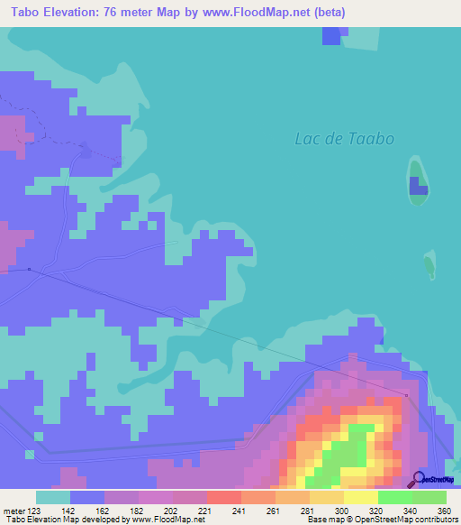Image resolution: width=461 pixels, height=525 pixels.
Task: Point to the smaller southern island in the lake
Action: (429, 265)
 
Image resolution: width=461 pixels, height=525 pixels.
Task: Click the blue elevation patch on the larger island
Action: (418, 186)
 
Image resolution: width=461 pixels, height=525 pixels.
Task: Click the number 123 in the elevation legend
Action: (34, 511)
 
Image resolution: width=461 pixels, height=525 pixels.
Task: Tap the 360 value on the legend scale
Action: (443, 511)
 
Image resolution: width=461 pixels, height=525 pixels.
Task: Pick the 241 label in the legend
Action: (239, 511)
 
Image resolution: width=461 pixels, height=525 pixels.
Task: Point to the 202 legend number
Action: (170, 511)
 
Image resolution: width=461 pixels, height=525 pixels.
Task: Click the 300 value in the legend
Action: (339, 511)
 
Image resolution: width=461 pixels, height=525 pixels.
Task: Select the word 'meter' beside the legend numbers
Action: (13, 511)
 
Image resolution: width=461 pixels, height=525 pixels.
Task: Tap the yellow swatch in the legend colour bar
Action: (360, 497)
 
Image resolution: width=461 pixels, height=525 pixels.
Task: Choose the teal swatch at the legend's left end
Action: (52, 497)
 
